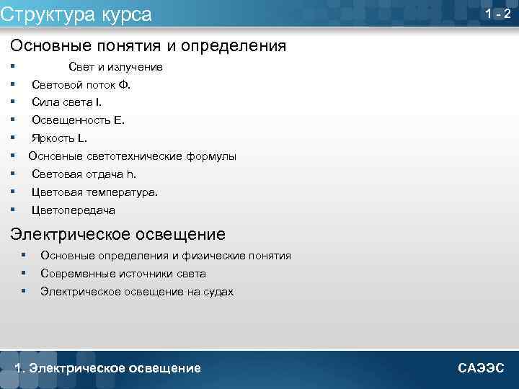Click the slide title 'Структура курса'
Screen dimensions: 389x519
tap(76, 14)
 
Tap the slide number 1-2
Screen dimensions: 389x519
tap(498, 14)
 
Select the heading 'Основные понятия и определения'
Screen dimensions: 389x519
tap(148, 46)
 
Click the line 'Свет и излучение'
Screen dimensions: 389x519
tap(115, 67)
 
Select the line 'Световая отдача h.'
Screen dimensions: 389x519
tap(84, 174)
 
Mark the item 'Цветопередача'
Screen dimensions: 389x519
tap(73, 210)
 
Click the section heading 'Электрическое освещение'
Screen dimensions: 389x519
tap(117, 234)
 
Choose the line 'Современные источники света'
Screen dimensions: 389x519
tap(123, 274)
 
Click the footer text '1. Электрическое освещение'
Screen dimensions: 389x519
tap(108, 368)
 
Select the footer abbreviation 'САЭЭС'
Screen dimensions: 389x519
tap(481, 368)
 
